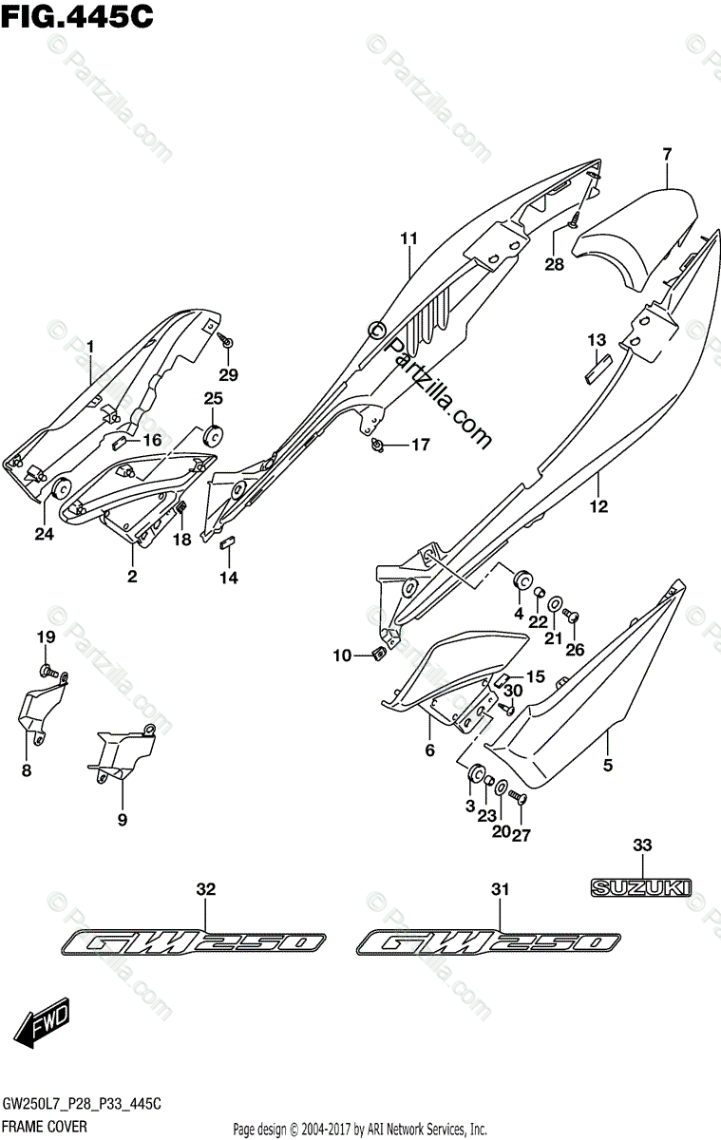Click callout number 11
coord(408,238)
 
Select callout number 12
coord(600,506)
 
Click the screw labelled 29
coord(227,339)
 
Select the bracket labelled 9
coord(123,751)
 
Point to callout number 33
coord(643,844)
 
